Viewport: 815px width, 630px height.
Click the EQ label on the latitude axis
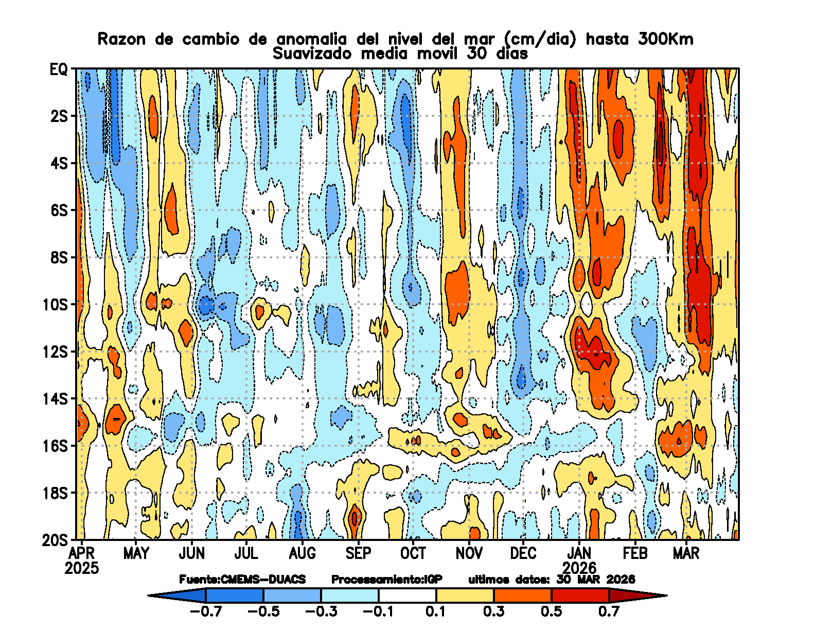tap(59, 69)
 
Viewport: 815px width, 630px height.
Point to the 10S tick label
tap(55, 304)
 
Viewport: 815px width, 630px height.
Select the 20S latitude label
tap(55, 540)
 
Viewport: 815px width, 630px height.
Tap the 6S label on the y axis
tap(59, 210)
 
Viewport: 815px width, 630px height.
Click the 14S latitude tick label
tap(55, 399)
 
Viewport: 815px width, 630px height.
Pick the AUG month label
tap(302, 553)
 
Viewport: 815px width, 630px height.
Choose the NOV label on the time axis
tap(469, 553)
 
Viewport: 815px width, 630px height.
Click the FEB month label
tap(635, 553)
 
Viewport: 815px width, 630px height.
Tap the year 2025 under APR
tap(82, 568)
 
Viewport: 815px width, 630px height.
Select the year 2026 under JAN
tap(579, 568)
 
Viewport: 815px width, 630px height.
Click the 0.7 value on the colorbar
tap(609, 611)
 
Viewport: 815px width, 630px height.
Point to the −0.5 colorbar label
tap(263, 611)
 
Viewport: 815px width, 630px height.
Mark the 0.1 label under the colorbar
tap(436, 611)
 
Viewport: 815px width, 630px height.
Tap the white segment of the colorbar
tap(407, 596)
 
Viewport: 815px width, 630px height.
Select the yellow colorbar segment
tap(465, 596)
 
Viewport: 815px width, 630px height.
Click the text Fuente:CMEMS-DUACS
tap(242, 580)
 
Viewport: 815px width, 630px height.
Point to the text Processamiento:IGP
tap(386, 580)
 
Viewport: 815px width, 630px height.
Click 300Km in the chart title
tap(665, 39)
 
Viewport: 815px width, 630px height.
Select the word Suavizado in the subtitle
tap(312, 54)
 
